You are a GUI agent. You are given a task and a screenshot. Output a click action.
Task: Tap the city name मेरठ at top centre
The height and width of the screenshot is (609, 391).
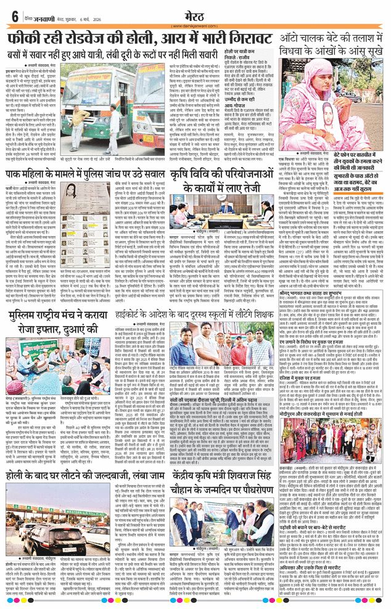coord(194,13)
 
